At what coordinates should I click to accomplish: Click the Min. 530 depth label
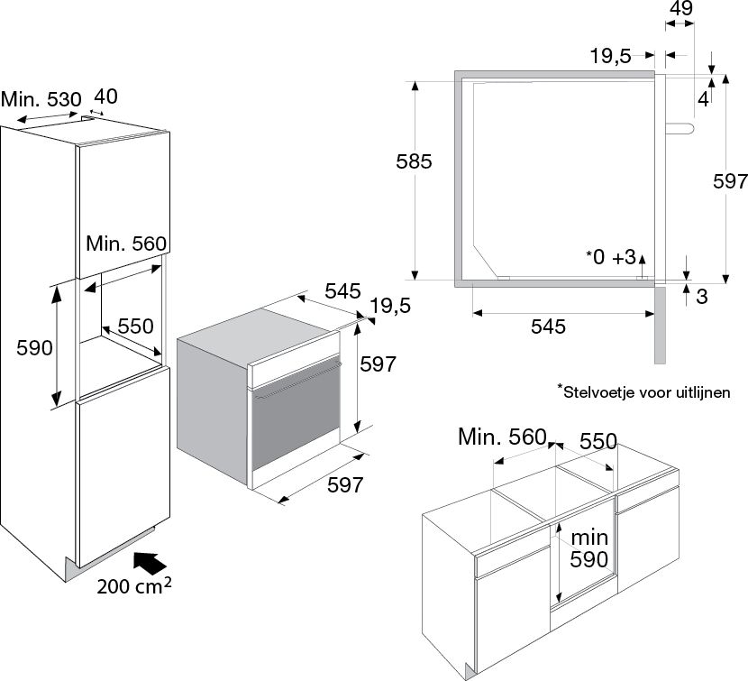point(41,99)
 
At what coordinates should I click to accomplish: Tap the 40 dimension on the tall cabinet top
point(107,97)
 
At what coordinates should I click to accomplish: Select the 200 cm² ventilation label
point(134,586)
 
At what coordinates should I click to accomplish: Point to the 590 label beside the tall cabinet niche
point(24,347)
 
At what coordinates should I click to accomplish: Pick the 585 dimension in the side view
point(415,162)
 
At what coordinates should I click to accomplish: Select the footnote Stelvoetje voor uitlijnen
point(643,391)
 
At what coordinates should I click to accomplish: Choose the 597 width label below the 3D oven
point(344,485)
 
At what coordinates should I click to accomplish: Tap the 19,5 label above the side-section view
point(610,56)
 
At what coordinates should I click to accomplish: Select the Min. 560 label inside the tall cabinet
point(127,243)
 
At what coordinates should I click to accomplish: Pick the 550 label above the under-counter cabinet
point(597,441)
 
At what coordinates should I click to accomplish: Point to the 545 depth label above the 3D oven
point(342,291)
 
